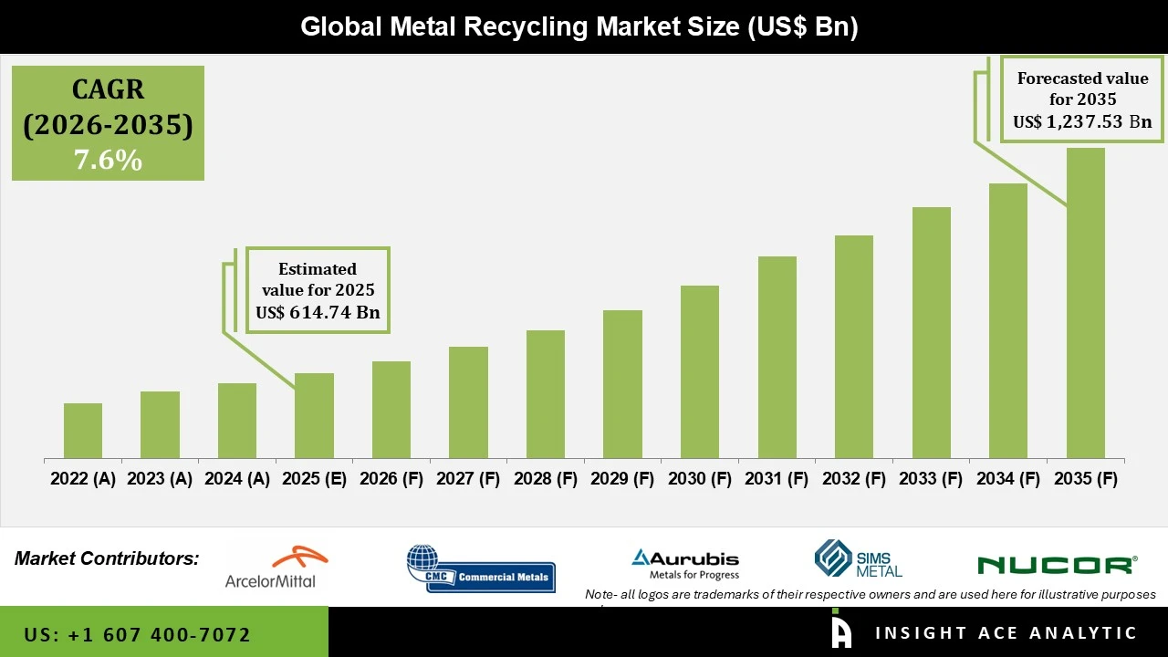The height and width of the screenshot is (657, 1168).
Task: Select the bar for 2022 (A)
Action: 83,431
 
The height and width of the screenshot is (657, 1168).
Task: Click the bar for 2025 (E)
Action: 314,416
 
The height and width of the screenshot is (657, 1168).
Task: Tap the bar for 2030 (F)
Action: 700,372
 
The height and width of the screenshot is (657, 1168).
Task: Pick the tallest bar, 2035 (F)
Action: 1085,303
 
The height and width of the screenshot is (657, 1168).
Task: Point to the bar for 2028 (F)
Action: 546,394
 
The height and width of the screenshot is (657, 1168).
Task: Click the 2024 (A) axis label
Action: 237,479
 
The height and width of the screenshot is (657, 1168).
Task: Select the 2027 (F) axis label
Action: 469,479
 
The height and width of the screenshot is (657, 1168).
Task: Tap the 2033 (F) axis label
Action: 932,479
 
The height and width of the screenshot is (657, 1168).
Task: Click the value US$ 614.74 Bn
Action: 318,313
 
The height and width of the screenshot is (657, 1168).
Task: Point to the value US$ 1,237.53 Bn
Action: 1082,121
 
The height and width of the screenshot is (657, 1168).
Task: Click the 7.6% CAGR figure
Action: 108,161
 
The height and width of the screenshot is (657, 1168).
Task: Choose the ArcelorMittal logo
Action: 270,567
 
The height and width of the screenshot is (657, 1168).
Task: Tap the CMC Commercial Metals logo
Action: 481,568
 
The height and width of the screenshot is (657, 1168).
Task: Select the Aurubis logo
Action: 685,564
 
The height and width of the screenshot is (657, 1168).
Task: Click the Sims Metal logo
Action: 858,559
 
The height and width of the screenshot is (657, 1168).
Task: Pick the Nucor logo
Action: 1056,565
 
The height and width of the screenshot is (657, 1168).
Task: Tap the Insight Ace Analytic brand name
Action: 1006,633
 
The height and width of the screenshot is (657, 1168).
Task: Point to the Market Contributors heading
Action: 107,558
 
